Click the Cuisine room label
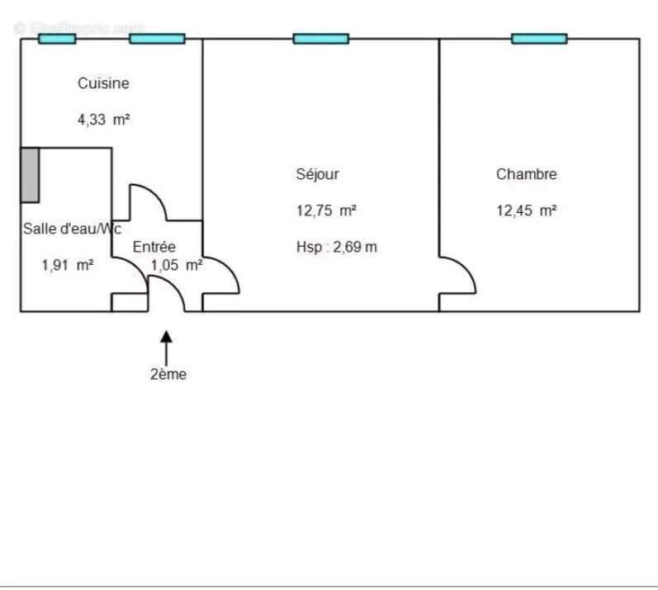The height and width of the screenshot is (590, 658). (103, 83)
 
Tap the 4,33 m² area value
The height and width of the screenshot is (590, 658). (103, 120)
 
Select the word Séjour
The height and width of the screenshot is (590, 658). (317, 174)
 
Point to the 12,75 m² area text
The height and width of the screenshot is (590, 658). (326, 210)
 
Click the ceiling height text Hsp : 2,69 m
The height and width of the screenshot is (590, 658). (336, 247)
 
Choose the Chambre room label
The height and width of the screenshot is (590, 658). (526, 174)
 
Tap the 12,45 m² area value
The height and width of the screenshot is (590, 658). (526, 210)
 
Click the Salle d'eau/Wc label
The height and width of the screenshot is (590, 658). (72, 229)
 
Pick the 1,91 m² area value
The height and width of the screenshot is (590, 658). (67, 266)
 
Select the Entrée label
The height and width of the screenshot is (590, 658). (154, 247)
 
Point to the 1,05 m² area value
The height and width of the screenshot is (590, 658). (177, 266)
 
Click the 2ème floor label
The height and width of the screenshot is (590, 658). (168, 375)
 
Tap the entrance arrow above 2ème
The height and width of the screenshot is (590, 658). (167, 347)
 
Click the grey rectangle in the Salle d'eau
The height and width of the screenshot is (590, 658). (30, 174)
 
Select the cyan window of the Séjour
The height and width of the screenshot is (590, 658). (320, 39)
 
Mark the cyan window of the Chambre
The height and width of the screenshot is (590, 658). (539, 39)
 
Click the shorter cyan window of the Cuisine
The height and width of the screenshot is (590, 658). (57, 39)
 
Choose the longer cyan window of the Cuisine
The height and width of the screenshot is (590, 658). (157, 39)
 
